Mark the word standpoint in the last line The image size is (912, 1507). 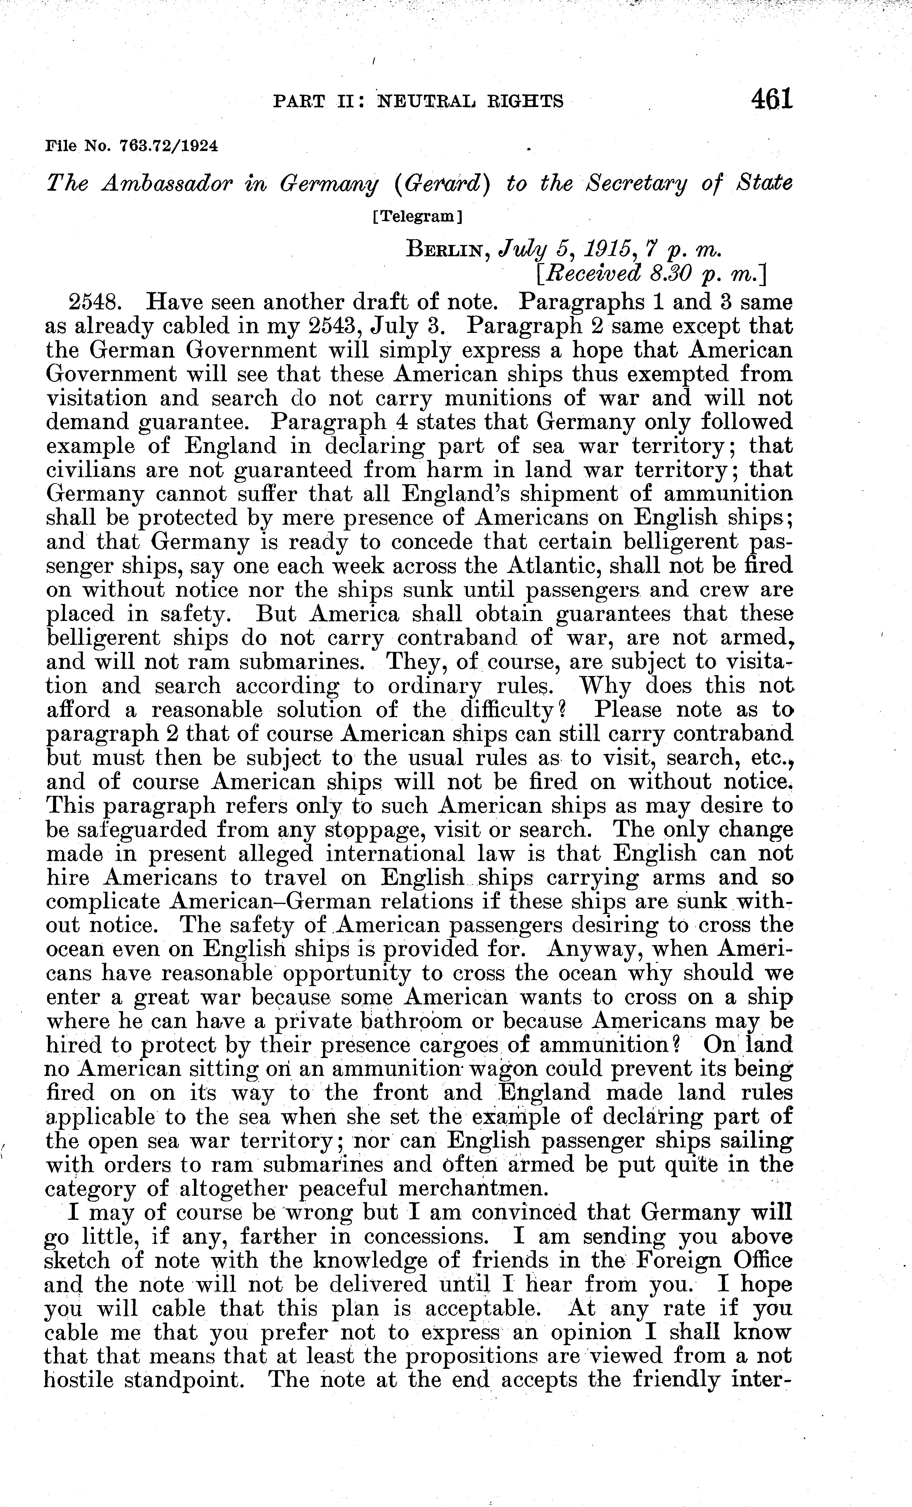coord(184,1380)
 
